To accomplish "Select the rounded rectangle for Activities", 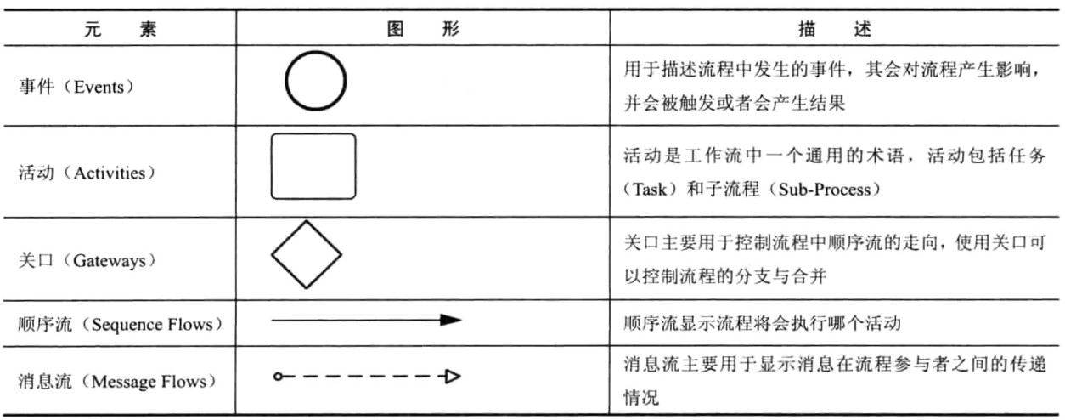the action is (x=313, y=166).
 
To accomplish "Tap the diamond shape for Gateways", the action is (x=306, y=253).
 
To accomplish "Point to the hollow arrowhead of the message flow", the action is (x=453, y=376).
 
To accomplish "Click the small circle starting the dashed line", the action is (x=277, y=376).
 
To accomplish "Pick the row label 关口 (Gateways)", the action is (x=85, y=261).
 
